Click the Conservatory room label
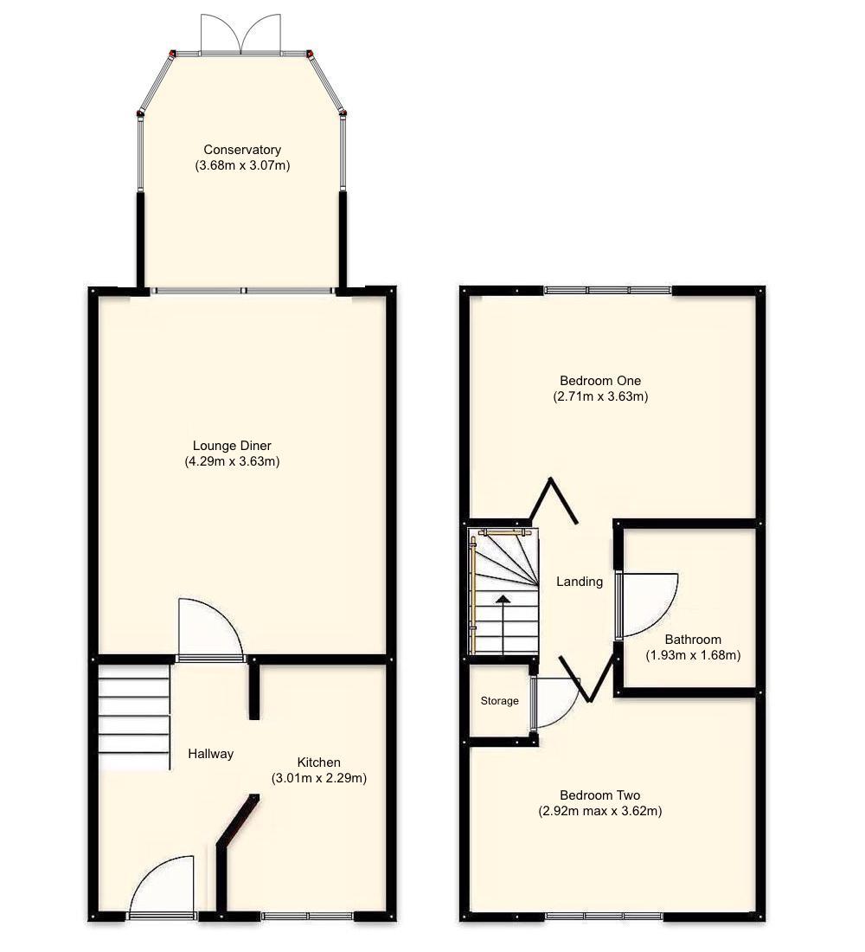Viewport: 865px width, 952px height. point(242,150)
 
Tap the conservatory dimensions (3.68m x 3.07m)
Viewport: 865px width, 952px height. point(242,164)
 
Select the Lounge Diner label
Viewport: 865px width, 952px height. point(232,446)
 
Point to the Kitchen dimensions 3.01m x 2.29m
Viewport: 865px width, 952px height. point(319,778)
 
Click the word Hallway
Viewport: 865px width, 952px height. point(211,754)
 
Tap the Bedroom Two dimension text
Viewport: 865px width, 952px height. point(600,811)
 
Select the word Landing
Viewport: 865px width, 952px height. point(580,582)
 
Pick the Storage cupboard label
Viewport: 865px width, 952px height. point(500,701)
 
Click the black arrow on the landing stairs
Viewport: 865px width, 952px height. point(503,599)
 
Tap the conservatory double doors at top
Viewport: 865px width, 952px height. point(241,35)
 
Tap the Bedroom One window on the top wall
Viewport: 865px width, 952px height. point(608,290)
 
